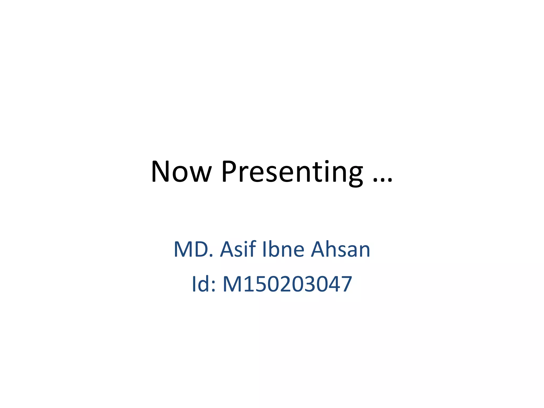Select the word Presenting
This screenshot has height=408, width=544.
292,172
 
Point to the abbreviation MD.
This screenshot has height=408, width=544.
193,249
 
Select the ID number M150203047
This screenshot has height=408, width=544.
287,284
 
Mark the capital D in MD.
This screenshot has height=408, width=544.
202,249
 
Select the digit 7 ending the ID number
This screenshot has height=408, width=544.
346,284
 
